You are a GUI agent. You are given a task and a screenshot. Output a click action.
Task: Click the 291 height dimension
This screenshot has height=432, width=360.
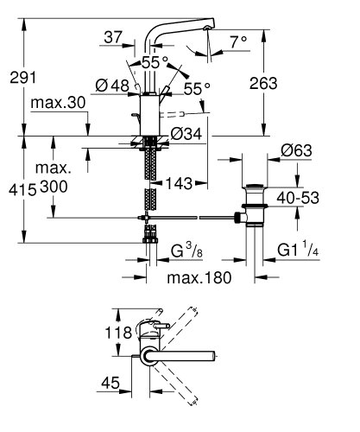[x=22, y=77]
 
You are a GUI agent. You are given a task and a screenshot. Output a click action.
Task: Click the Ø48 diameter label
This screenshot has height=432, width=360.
[x=113, y=86]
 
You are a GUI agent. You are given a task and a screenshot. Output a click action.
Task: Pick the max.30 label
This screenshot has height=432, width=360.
[x=59, y=104]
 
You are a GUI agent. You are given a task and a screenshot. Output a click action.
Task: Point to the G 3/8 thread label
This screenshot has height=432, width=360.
[x=186, y=252]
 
